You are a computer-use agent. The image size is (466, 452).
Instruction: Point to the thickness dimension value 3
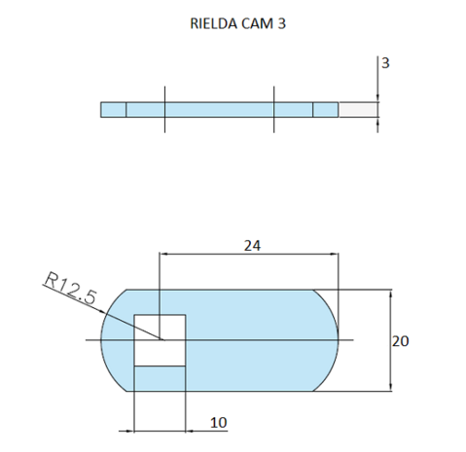(x=386, y=63)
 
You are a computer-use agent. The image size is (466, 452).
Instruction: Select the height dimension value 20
(x=400, y=341)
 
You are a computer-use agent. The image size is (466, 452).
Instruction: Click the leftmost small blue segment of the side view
(x=113, y=109)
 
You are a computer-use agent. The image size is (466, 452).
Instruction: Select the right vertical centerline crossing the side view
(x=275, y=109)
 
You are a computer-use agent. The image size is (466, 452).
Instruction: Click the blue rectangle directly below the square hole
(x=160, y=378)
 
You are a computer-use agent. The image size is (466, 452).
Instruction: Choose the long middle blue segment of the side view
(x=219, y=109)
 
